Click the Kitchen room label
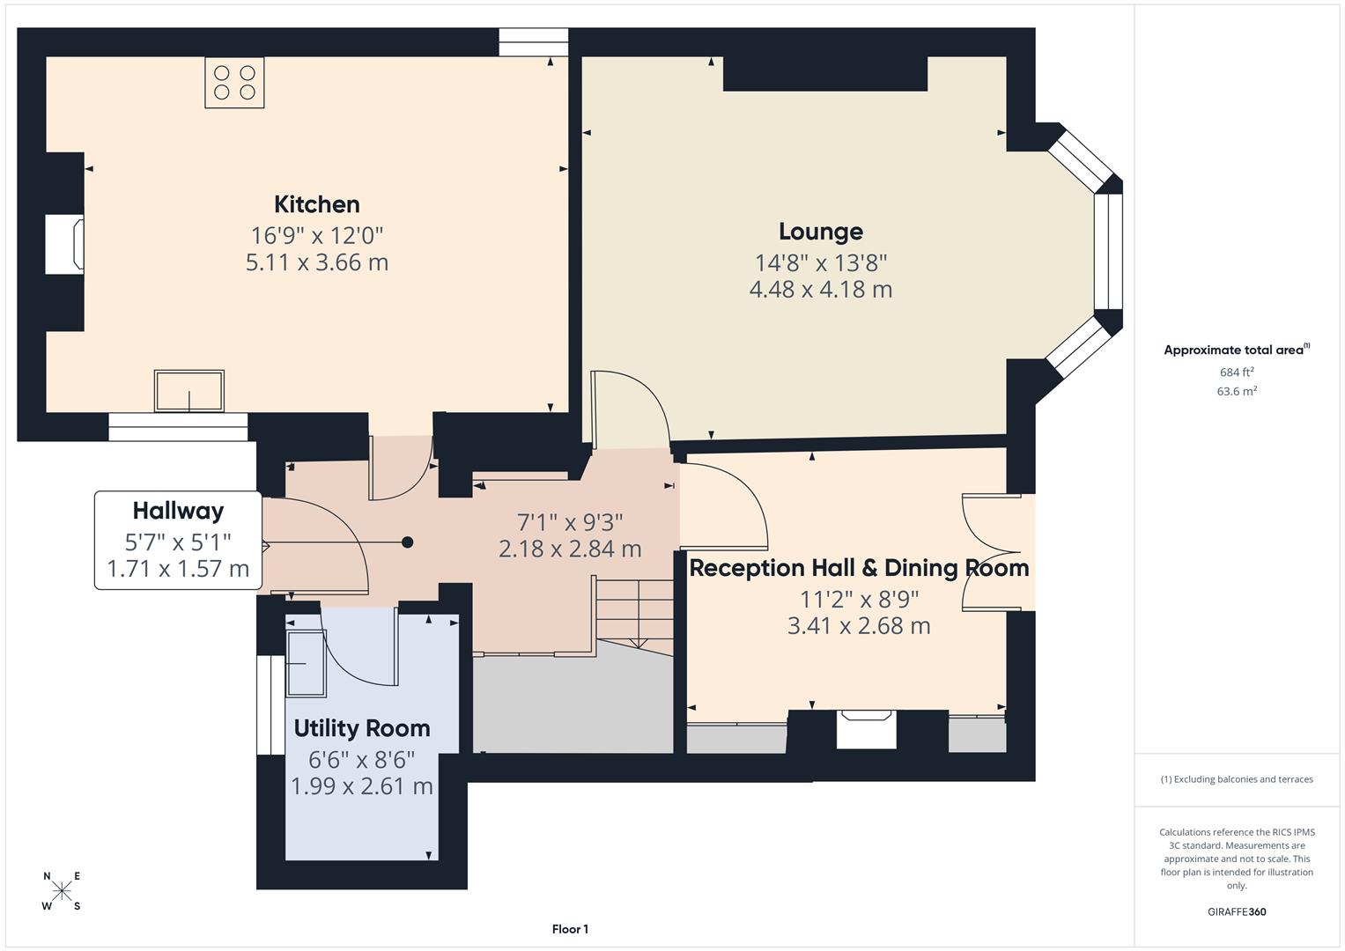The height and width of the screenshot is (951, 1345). tap(317, 204)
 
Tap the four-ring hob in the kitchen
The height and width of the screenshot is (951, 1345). tap(234, 83)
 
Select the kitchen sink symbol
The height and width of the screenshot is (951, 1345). tap(189, 391)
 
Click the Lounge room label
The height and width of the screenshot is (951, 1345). tap(820, 232)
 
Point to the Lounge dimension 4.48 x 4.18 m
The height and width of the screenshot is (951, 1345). tap(820, 290)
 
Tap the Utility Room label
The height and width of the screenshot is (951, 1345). tap(362, 728)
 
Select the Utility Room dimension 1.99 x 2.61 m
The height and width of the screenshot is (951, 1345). tap(362, 786)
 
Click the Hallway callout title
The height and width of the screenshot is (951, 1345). tap(178, 511)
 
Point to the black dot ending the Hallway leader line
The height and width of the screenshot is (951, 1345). tap(407, 542)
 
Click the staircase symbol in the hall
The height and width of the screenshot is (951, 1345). tap(634, 612)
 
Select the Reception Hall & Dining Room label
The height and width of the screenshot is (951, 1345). tap(859, 568)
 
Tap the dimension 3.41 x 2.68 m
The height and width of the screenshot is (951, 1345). tap(859, 626)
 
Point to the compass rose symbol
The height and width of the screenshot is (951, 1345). tap(62, 890)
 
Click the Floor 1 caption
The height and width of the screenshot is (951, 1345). tap(570, 929)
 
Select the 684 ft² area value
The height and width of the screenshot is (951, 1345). tap(1236, 372)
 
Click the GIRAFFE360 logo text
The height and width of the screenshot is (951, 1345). tap(1236, 911)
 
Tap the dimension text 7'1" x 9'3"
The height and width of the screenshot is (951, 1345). tap(570, 521)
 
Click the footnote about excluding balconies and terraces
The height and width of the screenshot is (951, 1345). tap(1236, 779)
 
